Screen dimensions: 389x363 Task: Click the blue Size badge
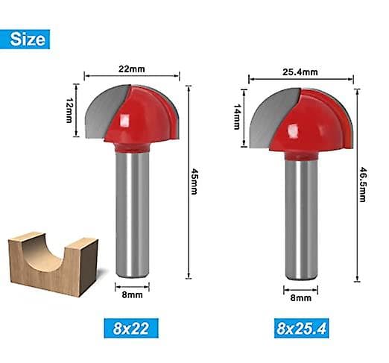25,40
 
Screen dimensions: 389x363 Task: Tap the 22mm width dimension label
131,69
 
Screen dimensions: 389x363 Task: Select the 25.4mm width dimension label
300,72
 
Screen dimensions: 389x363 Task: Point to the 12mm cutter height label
69,110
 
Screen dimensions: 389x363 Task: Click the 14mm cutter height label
237,116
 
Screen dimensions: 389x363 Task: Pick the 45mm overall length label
194,182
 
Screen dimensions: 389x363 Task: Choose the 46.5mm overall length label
363,184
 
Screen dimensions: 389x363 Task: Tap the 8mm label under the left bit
132,295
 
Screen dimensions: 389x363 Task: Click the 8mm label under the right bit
301,297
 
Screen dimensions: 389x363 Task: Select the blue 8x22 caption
131,328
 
